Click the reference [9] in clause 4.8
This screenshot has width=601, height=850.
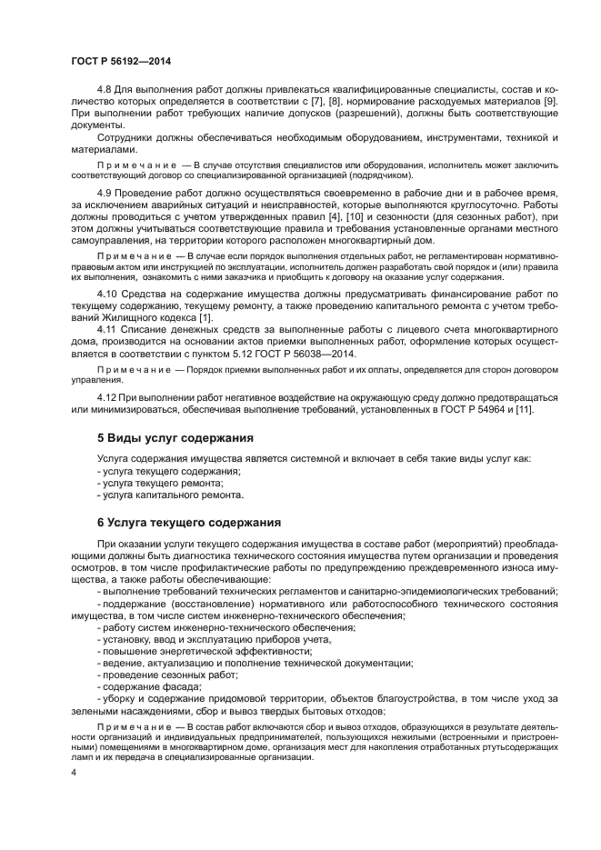tap(550, 101)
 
